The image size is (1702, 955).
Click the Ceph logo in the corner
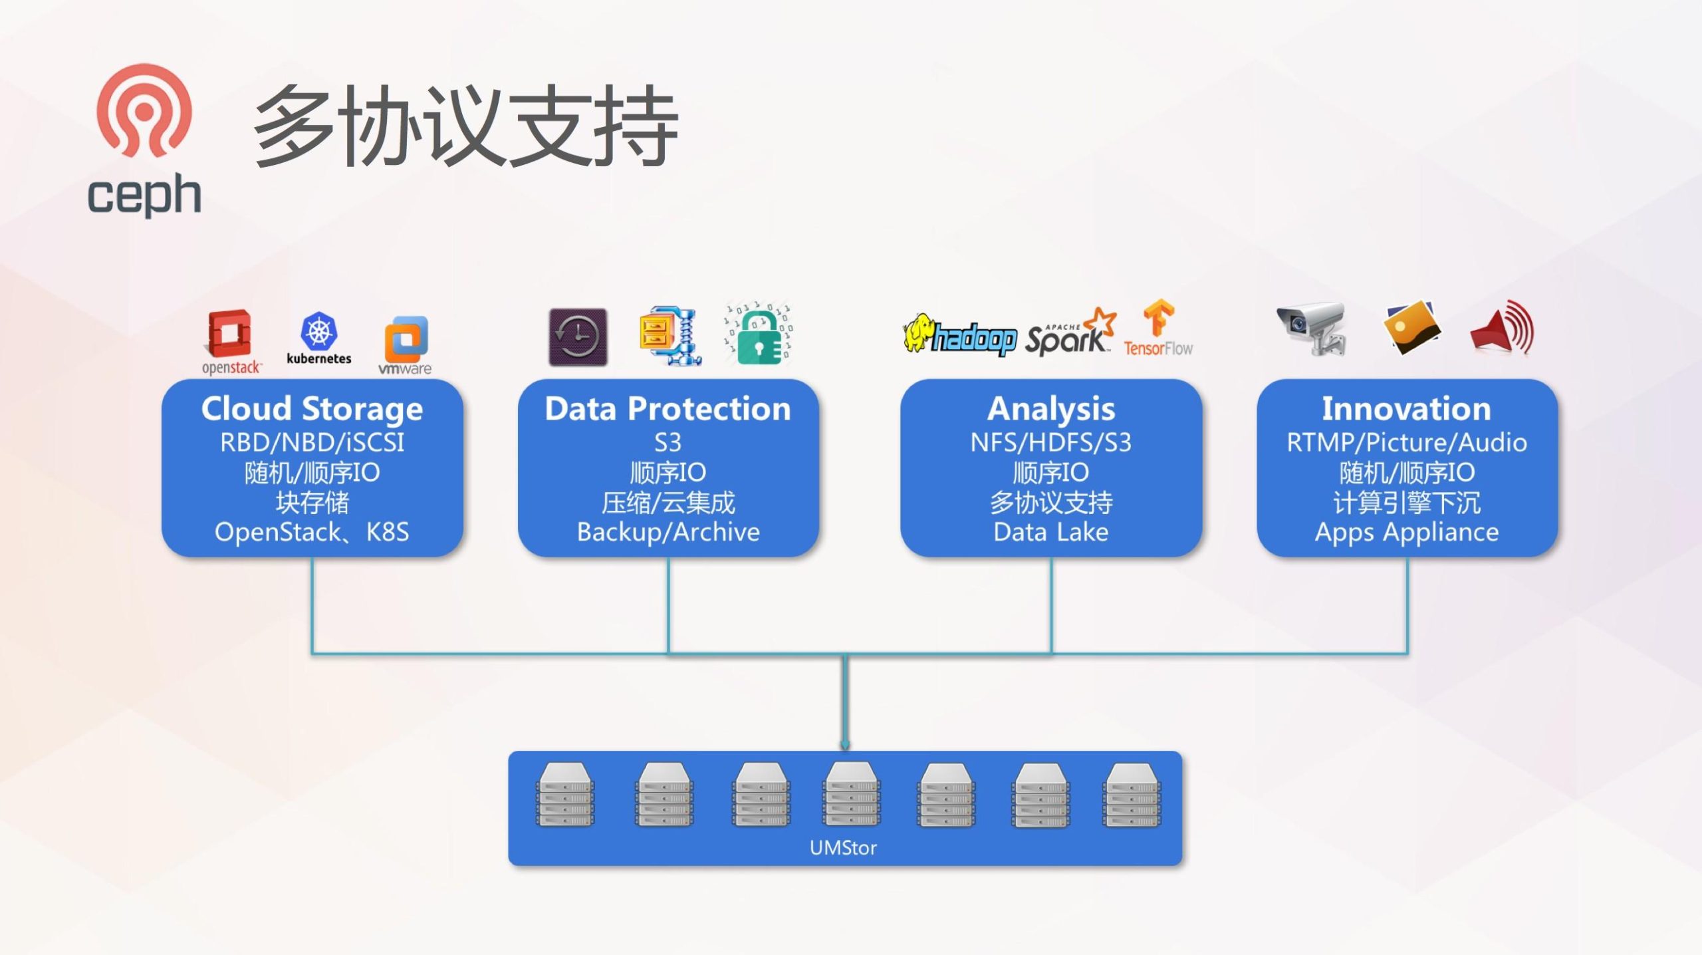144,140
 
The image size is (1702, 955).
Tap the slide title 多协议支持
465,126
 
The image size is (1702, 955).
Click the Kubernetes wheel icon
319,331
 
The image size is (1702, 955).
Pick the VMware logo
406,344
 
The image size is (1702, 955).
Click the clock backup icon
578,337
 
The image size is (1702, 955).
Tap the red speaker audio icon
1502,328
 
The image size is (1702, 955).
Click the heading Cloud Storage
312,408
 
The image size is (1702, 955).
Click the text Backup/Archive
668,532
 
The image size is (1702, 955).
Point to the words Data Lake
1050,532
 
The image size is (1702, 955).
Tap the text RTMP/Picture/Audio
1407,442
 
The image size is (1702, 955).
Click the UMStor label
843,848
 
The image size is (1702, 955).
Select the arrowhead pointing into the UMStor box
845,745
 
